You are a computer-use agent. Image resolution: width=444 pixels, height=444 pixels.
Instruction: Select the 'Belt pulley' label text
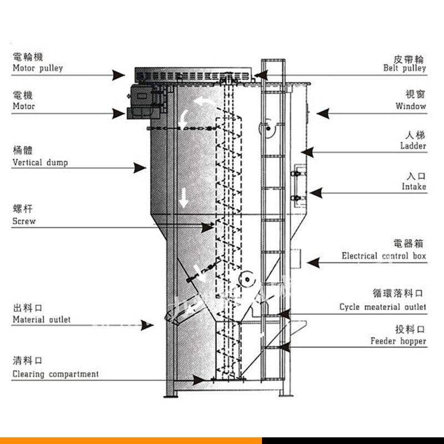tap(405, 68)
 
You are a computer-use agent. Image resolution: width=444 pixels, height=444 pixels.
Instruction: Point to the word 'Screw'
tap(24, 221)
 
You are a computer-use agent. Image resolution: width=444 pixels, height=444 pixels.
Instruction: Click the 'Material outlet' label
tap(42, 320)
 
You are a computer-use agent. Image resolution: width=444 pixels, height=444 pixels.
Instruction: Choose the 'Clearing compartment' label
tap(56, 374)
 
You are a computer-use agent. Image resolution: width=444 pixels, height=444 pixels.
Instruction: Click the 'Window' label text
tap(411, 106)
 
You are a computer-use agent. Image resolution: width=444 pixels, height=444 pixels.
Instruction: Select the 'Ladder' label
tap(413, 146)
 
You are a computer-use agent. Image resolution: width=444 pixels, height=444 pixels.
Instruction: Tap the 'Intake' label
tap(414, 186)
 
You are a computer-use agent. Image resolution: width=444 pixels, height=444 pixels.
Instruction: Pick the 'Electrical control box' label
tap(384, 256)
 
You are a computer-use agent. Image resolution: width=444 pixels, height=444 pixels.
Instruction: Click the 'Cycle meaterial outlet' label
tap(383, 307)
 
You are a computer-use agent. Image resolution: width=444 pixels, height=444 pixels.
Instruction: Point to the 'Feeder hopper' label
tap(398, 341)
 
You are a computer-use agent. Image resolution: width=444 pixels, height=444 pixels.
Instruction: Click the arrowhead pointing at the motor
tap(119, 114)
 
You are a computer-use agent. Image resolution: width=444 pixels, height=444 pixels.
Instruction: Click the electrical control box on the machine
tap(294, 258)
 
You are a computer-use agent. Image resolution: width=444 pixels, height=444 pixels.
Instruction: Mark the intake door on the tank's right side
tap(298, 182)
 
